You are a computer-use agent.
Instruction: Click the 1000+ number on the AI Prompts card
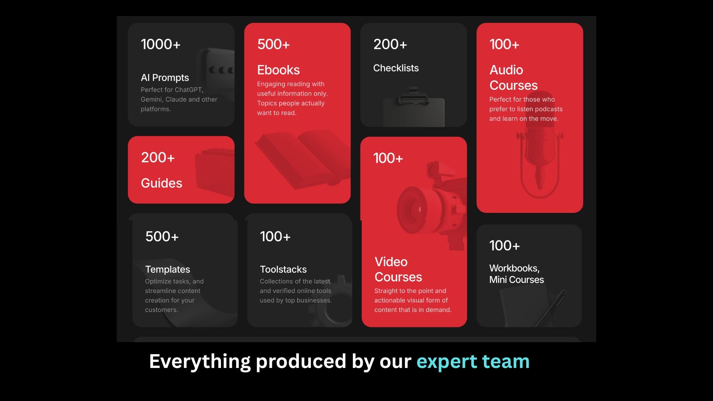point(161,44)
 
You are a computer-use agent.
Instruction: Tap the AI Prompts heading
point(165,78)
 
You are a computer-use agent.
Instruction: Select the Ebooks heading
point(279,70)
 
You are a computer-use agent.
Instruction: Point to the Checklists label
point(396,68)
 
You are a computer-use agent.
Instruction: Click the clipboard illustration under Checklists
point(414,108)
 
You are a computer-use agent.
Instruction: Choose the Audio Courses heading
point(514,78)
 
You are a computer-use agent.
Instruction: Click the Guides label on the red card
point(162,183)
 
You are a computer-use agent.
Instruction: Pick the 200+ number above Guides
point(158,157)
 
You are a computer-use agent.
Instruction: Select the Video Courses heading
point(398,269)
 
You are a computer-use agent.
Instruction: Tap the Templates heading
point(167,269)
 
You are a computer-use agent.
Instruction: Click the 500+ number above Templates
point(162,237)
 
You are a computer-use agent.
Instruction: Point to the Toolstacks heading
point(283,269)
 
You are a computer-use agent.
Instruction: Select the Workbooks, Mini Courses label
point(517,274)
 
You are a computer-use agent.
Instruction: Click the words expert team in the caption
point(473,362)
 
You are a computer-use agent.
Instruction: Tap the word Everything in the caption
point(200,362)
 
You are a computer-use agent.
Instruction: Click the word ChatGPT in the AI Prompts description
point(189,90)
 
